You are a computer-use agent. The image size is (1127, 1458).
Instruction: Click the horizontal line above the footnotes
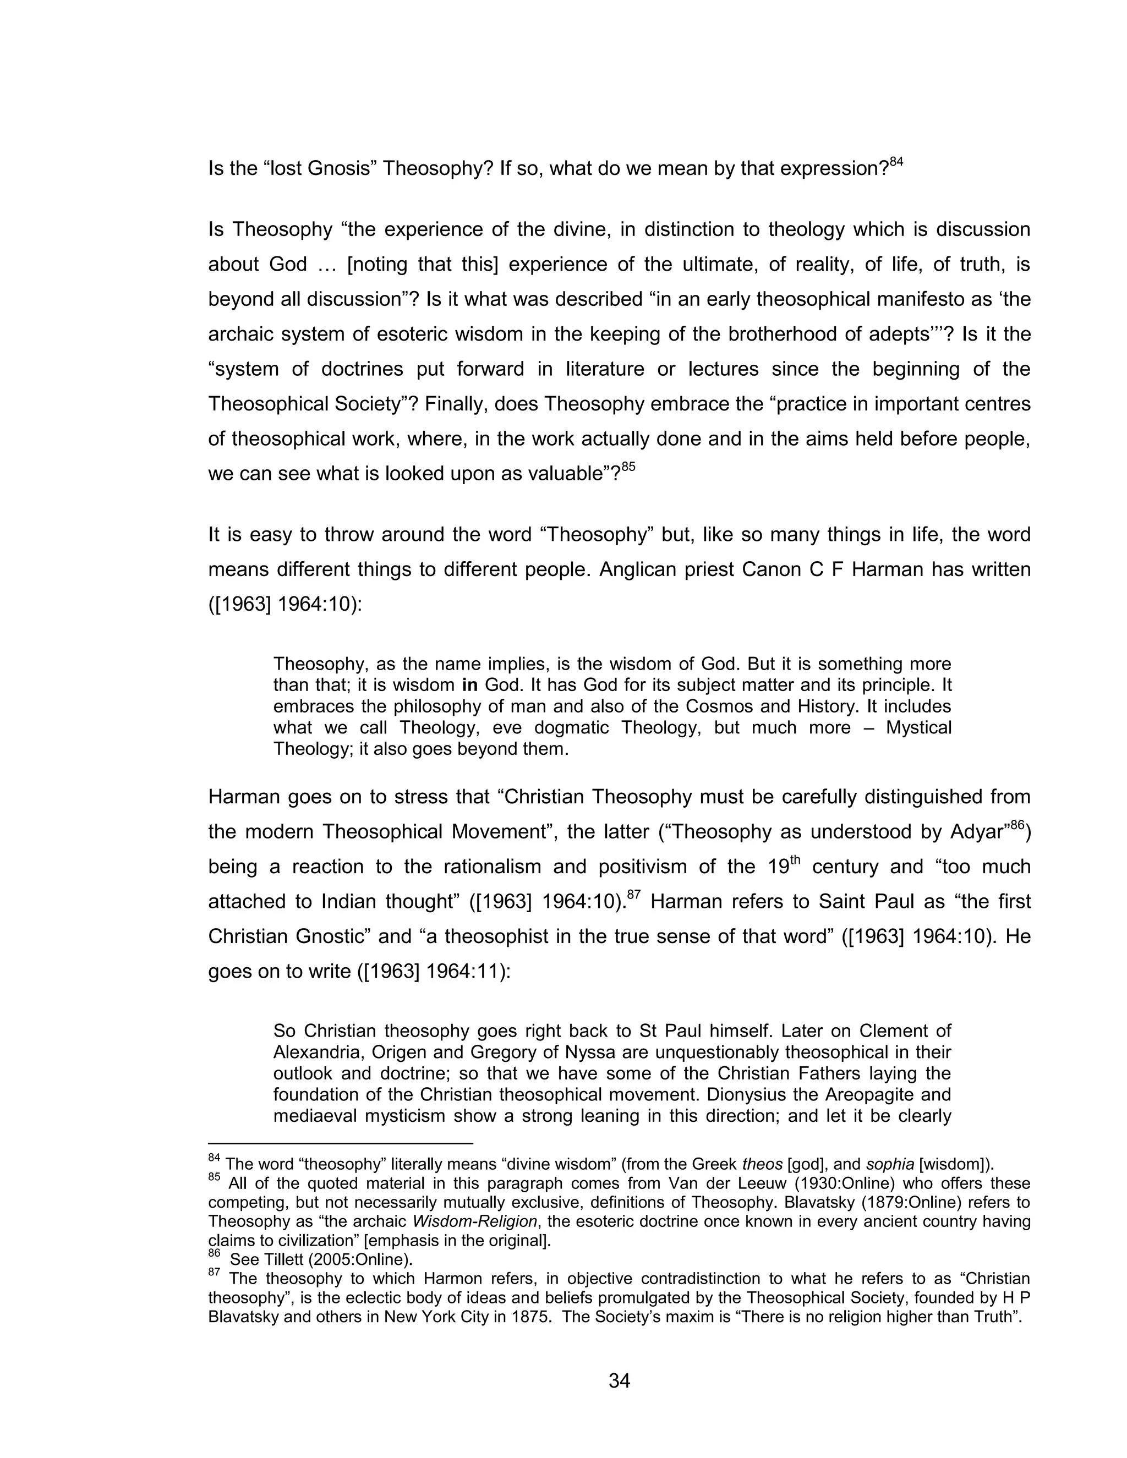click(341, 1142)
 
